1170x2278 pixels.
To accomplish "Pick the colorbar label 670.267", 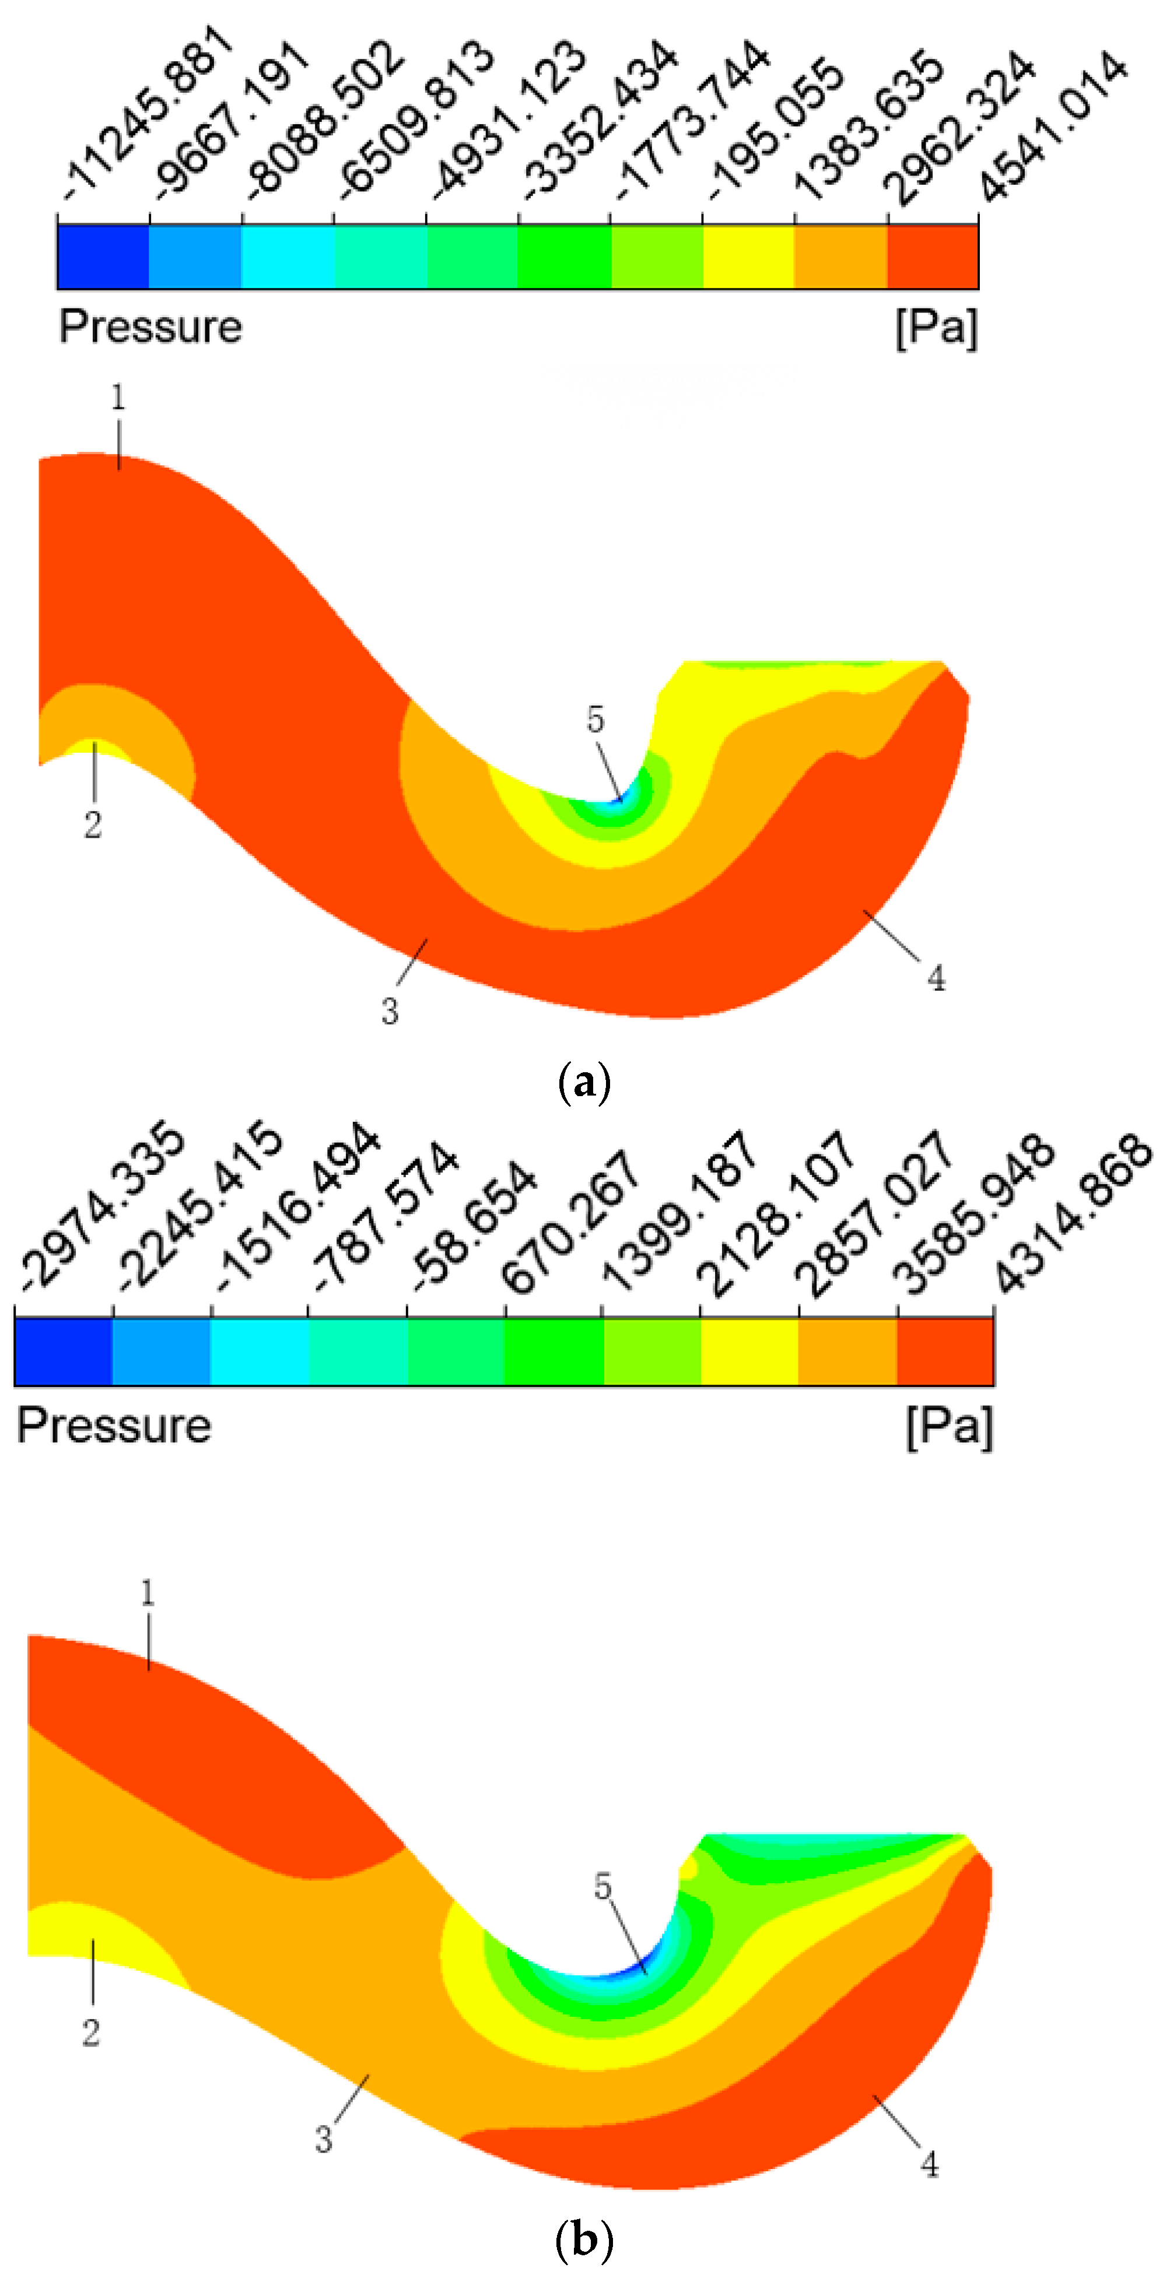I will tap(570, 1220).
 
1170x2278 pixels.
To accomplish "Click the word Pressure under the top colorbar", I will tap(150, 327).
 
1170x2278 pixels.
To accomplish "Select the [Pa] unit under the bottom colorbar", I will tap(949, 1426).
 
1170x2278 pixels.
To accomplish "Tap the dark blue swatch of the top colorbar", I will tap(103, 257).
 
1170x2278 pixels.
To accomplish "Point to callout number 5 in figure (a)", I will tap(595, 720).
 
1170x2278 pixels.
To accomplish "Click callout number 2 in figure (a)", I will tap(93, 825).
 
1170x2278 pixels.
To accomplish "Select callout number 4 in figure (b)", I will tap(930, 2164).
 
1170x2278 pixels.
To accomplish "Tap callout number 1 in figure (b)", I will tap(148, 1593).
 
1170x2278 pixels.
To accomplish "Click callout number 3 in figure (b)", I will tap(324, 2140).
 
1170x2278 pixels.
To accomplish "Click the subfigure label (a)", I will tap(584, 1082).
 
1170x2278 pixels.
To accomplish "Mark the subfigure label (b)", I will tap(584, 2240).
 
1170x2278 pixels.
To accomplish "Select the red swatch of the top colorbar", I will tap(932, 257).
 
